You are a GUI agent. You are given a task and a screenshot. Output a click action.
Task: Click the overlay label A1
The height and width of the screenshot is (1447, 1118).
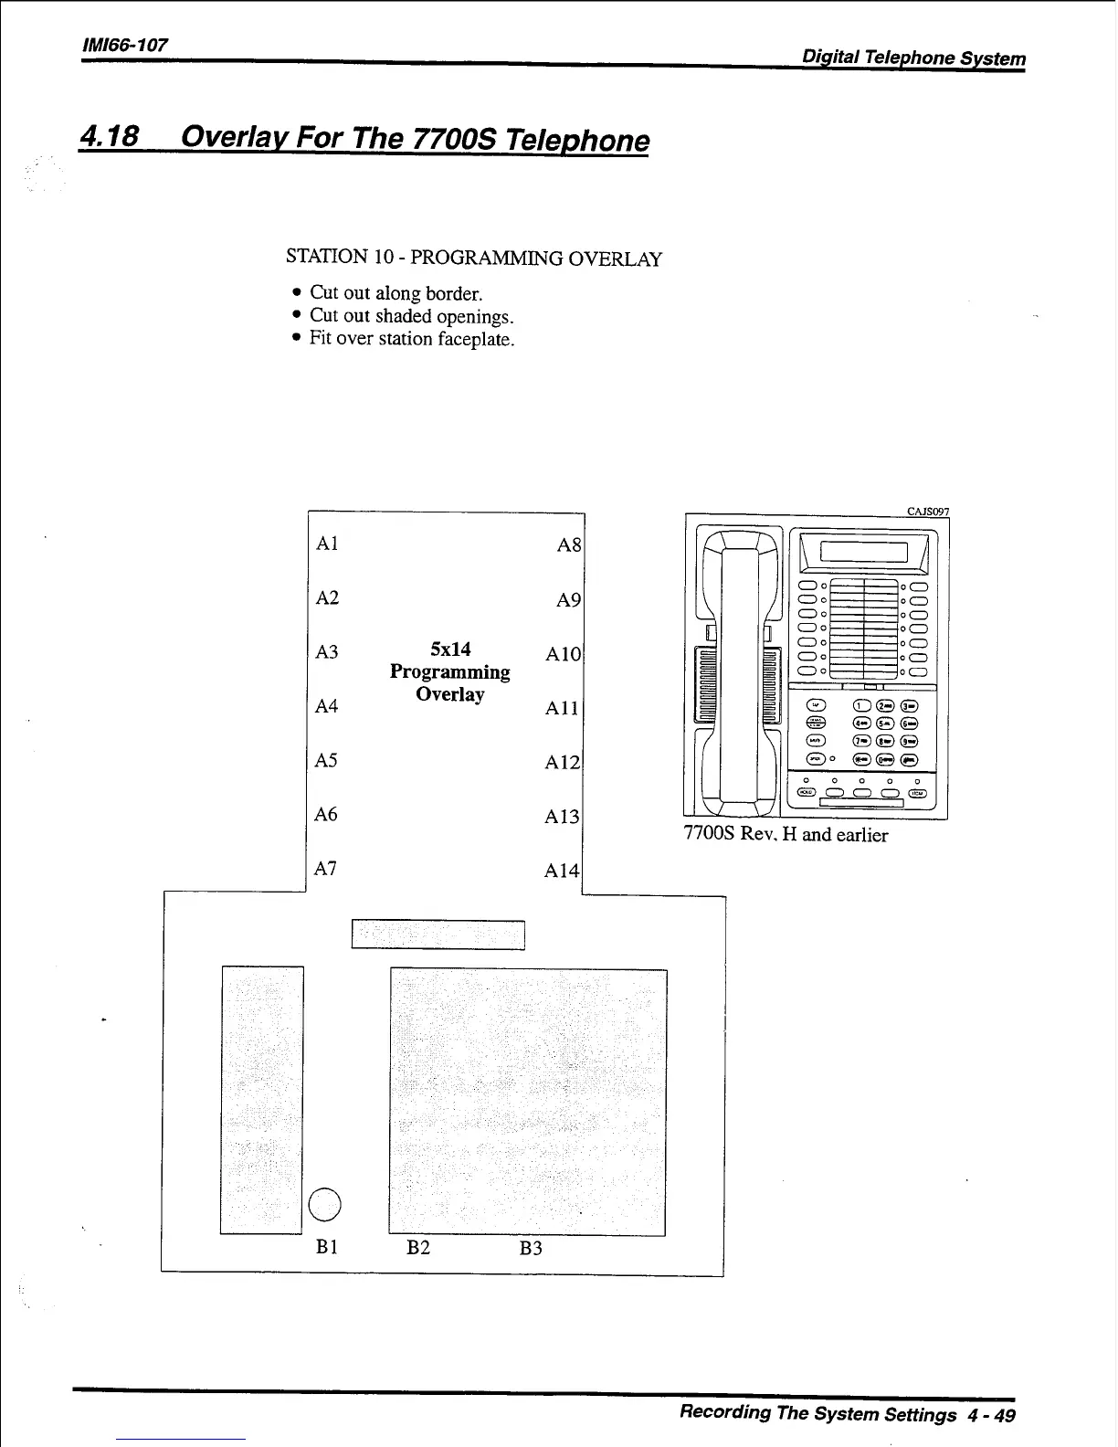[x=326, y=544]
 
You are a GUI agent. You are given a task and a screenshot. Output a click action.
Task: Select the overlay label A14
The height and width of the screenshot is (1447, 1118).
[x=562, y=871]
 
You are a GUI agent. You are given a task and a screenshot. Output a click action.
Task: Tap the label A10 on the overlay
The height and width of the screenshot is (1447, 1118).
[x=563, y=654]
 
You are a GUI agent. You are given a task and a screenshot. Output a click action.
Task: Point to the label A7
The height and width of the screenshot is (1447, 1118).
[x=326, y=869]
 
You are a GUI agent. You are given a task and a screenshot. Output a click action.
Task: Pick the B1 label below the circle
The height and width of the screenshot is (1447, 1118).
[x=328, y=1247]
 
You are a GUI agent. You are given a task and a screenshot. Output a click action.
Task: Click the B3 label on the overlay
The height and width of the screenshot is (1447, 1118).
[x=531, y=1248]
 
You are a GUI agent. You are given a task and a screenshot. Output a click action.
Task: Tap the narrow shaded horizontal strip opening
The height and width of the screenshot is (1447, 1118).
[x=438, y=935]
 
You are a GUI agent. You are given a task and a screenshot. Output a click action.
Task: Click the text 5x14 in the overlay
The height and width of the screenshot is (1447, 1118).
[x=450, y=650]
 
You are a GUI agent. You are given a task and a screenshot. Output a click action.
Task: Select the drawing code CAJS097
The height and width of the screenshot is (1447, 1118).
[x=927, y=512]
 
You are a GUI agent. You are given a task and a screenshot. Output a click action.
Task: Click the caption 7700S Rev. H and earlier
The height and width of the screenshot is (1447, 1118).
[x=786, y=835]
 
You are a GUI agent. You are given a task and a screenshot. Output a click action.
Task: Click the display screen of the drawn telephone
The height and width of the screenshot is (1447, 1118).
[x=863, y=552]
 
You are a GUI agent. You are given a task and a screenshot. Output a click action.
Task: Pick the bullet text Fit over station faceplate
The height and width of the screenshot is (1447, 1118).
[x=412, y=339]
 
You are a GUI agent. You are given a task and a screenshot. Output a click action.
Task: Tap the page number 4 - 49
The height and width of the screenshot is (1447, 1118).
[x=992, y=1415]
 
